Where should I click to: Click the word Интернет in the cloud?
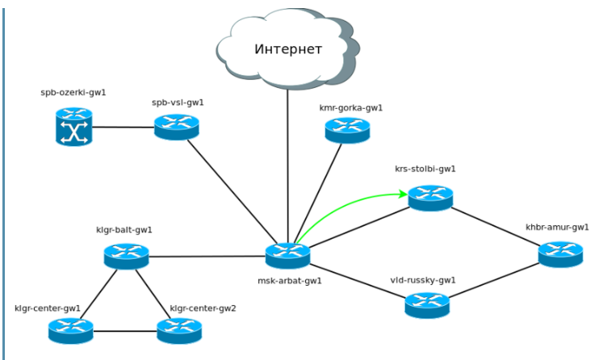[288, 50]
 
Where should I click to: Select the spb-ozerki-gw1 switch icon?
[73, 128]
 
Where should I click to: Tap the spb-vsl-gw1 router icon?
[177, 127]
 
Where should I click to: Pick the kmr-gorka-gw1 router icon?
[347, 130]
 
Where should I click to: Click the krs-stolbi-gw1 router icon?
[430, 197]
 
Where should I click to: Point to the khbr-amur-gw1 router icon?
[560, 253]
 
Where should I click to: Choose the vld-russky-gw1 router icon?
[427, 304]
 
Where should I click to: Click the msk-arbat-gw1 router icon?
[288, 254]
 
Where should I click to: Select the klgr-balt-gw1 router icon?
[127, 257]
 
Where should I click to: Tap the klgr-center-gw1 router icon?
[70, 329]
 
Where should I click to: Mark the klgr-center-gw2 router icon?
[179, 329]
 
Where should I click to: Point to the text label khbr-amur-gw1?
[557, 228]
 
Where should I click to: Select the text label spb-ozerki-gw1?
[73, 93]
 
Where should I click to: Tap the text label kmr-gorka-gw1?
[351, 107]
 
